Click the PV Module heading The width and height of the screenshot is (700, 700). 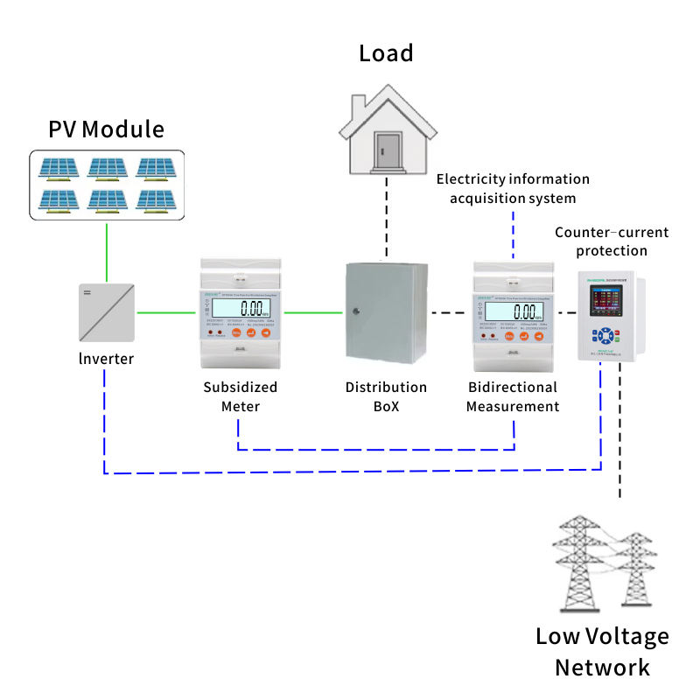point(106,129)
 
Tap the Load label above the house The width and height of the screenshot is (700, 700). point(386,53)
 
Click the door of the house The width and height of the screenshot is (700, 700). point(386,148)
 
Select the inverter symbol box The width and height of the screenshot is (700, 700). point(106,311)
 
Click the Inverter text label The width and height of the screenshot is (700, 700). point(106,359)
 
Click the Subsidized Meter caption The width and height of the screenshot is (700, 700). point(240,396)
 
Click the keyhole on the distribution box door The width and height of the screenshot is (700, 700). point(355,311)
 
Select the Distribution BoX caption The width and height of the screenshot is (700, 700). point(386,396)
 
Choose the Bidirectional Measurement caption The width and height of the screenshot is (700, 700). point(512,396)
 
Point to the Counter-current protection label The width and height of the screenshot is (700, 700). point(612,241)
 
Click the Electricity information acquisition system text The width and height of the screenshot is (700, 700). point(513,188)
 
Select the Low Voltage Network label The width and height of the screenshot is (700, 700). point(602,652)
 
